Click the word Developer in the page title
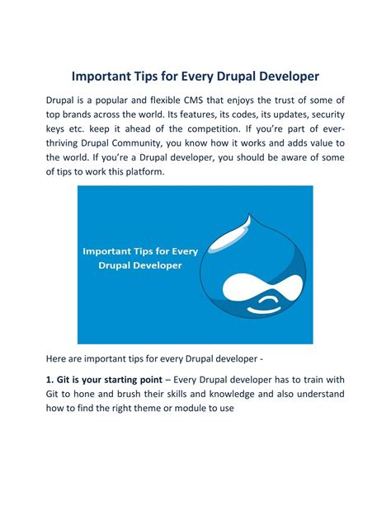tap(280, 77)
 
